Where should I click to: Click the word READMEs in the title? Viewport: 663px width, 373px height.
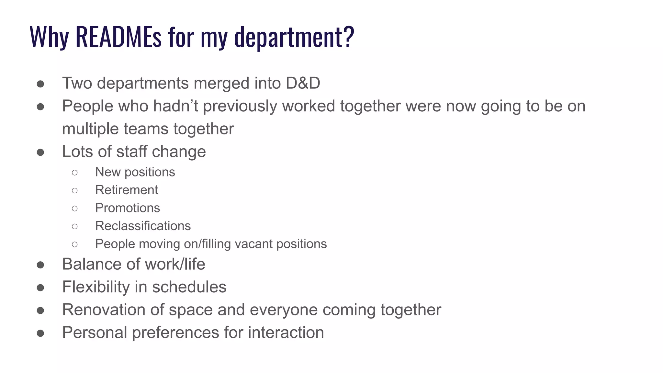click(118, 37)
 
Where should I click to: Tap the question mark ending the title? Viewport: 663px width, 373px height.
click(348, 37)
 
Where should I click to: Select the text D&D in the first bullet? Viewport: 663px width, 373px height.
click(303, 83)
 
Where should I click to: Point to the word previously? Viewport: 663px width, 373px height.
click(240, 107)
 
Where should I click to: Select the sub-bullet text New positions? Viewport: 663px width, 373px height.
click(135, 172)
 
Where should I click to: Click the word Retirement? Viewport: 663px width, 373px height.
click(127, 190)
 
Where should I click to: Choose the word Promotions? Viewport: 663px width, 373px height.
click(128, 208)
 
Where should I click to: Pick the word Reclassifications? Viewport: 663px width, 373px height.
click(143, 226)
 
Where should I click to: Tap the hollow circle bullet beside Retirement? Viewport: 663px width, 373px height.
click(75, 190)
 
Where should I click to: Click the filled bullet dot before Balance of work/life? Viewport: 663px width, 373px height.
click(40, 265)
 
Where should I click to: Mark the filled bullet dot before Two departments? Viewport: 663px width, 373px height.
click(40, 84)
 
